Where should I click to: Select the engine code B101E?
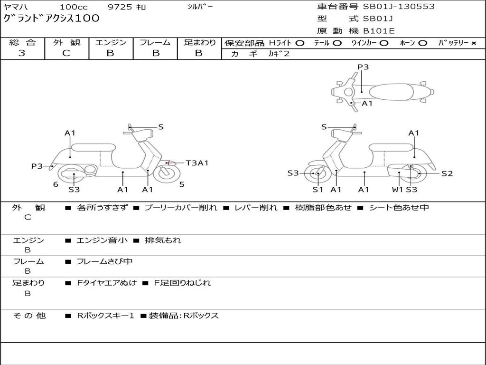tap(379, 31)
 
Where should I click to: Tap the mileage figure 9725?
tap(120, 7)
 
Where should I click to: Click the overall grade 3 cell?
tap(22, 53)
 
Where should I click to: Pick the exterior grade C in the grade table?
tap(66, 53)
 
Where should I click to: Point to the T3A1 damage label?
tap(197, 163)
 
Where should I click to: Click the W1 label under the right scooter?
tap(397, 190)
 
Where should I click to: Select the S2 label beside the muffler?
tap(447, 173)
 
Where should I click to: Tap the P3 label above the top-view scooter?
tap(363, 67)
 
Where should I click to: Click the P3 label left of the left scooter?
tap(37, 166)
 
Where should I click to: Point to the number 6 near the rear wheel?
tap(56, 184)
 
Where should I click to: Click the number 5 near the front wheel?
tap(182, 184)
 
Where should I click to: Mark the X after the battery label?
tap(473, 43)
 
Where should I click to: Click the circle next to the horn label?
tap(423, 43)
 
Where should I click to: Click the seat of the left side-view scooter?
tap(93, 147)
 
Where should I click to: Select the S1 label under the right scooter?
tap(318, 190)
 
